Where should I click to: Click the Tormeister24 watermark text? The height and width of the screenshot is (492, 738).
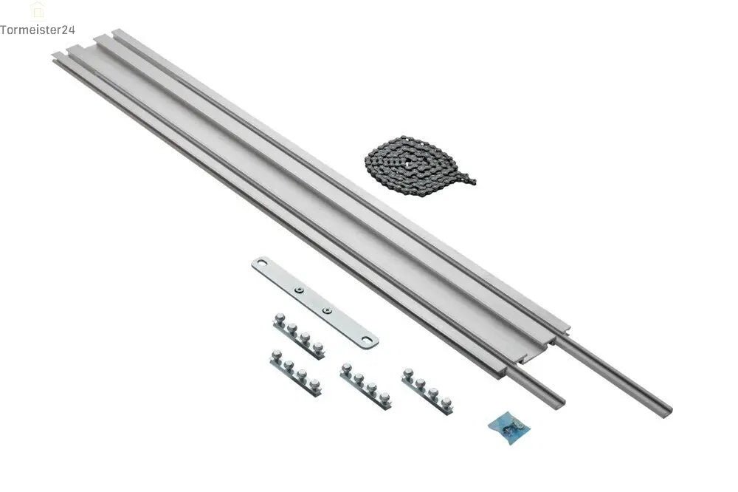point(38,30)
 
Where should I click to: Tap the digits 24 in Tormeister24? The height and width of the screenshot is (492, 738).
point(68,30)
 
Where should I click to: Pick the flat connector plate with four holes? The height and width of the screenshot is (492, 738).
point(315,302)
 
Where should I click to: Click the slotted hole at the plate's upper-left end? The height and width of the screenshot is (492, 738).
point(261,265)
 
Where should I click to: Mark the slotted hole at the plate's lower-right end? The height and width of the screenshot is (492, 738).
point(367,340)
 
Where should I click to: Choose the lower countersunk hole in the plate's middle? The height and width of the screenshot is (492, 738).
point(325,310)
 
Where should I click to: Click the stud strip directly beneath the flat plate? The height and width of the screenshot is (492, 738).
point(299,337)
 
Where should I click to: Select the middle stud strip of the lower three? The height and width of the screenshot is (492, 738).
point(365,386)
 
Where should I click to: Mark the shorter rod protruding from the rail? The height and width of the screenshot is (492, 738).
point(536,384)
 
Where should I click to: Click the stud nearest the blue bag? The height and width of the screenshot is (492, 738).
point(446,402)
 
